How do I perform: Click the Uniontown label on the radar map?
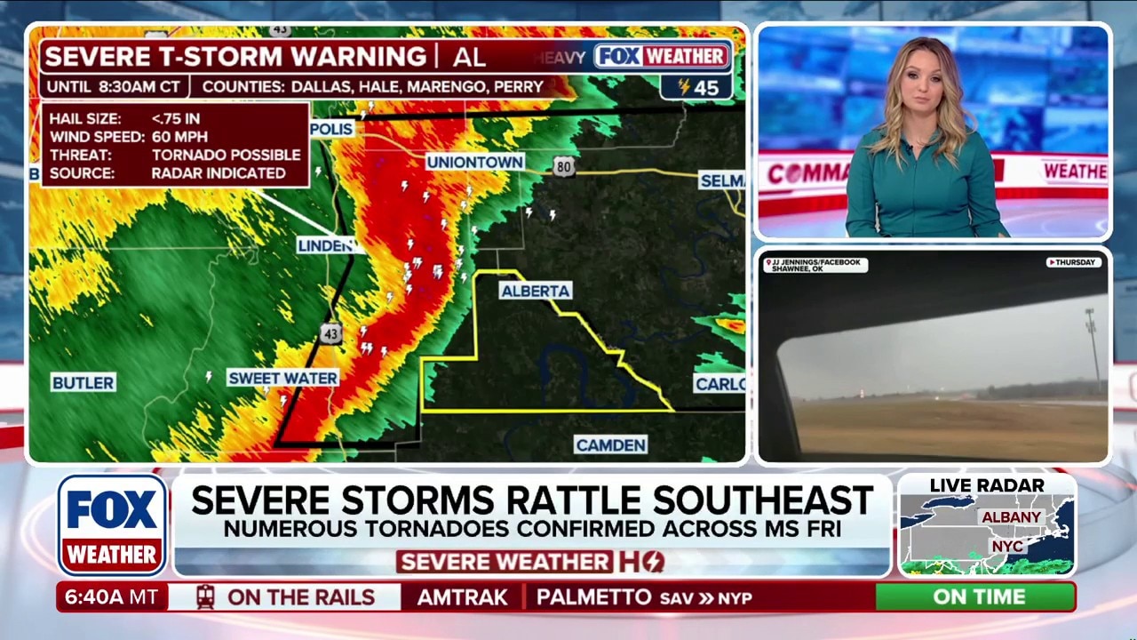(x=474, y=162)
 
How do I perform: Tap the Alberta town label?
(x=535, y=291)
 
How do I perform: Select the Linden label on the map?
(x=325, y=245)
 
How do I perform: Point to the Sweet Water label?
(x=282, y=378)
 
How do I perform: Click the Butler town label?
(x=83, y=382)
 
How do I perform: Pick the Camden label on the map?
(x=610, y=444)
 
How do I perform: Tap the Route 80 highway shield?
(x=564, y=166)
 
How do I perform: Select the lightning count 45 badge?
(x=697, y=87)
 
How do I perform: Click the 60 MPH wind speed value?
(x=179, y=137)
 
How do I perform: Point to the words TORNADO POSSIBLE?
(x=226, y=155)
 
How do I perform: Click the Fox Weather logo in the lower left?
(x=113, y=524)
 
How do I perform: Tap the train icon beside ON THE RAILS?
(x=206, y=597)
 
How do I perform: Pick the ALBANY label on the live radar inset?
(x=1011, y=516)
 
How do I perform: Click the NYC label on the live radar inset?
(x=1006, y=545)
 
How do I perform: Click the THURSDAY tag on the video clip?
(x=1074, y=262)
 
